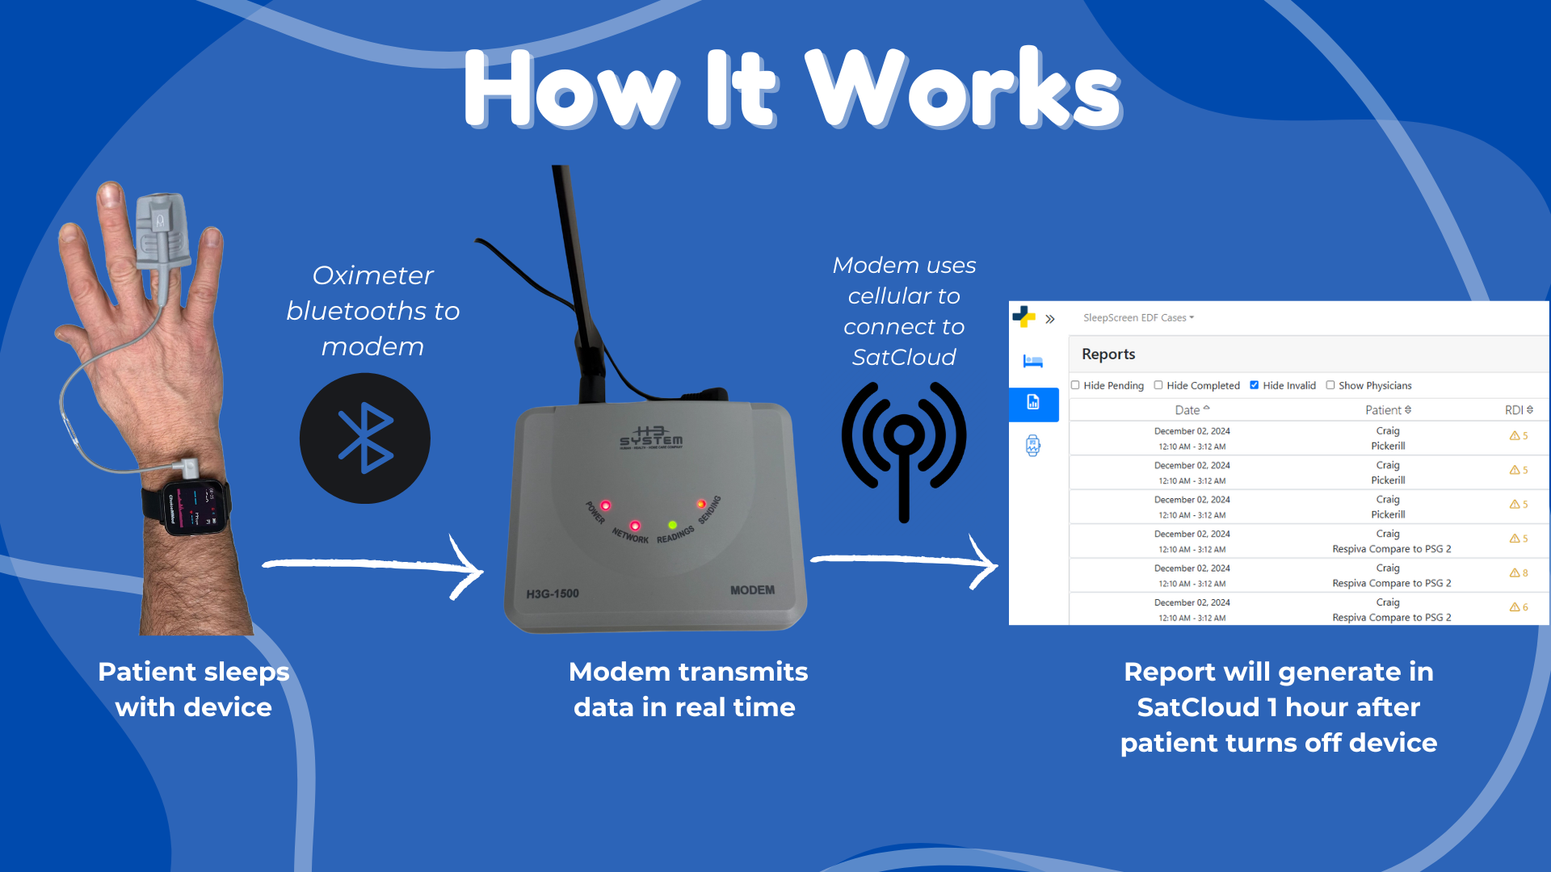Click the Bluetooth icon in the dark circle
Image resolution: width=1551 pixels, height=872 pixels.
click(x=365, y=438)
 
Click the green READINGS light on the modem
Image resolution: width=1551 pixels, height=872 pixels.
click(x=673, y=526)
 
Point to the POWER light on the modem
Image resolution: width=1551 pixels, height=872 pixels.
click(x=605, y=506)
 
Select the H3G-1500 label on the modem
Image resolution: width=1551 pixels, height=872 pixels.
click(x=553, y=594)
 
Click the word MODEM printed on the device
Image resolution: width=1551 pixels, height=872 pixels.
click(x=752, y=590)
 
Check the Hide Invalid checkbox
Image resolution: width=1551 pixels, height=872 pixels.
click(x=1254, y=385)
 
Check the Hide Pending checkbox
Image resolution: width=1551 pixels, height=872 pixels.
click(x=1075, y=385)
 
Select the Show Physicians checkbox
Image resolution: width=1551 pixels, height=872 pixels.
click(x=1330, y=385)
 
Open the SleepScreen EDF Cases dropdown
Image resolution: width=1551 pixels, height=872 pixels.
click(x=1138, y=318)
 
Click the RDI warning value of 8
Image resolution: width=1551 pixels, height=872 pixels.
click(x=1519, y=573)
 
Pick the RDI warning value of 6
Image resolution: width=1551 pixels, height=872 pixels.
click(x=1519, y=607)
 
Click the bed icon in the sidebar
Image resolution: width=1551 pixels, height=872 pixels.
click(x=1033, y=361)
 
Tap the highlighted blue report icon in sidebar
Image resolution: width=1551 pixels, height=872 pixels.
click(x=1033, y=403)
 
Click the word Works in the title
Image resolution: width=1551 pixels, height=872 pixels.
click(x=964, y=89)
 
